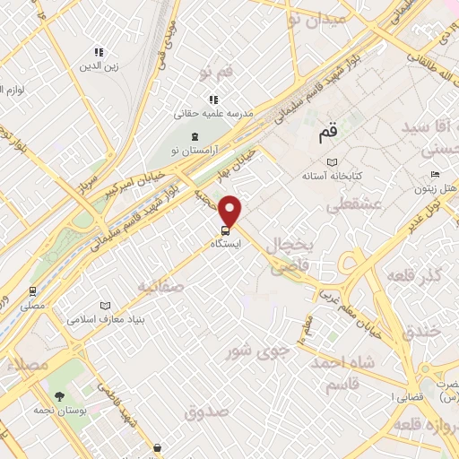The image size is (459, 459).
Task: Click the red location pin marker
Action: point(230,212)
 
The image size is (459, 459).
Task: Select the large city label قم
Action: point(328,134)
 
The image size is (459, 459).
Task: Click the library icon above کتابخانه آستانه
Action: point(333,161)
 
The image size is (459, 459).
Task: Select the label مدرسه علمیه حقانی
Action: point(213,115)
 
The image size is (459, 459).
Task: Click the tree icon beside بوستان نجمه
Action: point(60,395)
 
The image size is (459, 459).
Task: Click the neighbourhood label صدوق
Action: point(207,411)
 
